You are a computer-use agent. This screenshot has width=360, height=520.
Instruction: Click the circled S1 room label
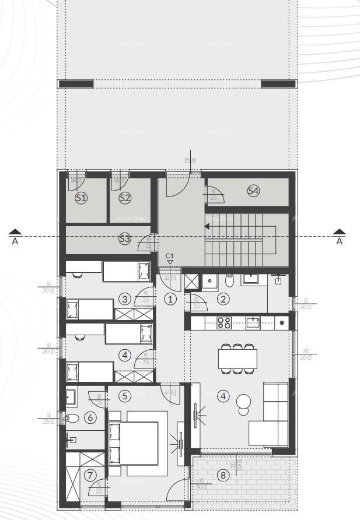81,198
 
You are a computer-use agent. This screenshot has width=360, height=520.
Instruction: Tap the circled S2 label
125,198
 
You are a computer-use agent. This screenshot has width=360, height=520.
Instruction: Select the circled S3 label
125,238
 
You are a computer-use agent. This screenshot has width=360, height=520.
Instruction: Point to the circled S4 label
253,191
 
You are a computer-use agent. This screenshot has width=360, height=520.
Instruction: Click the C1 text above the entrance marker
170,255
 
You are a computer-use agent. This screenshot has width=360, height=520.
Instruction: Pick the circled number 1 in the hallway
170,299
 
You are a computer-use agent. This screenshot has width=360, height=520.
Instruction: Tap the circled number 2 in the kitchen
223,299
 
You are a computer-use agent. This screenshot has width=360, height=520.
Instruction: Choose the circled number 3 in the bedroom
124,299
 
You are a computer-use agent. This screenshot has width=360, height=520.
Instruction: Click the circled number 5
124,396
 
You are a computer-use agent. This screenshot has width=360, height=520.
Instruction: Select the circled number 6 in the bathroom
90,417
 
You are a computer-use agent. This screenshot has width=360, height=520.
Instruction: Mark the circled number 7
90,475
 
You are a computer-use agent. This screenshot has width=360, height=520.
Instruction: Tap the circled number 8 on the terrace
223,475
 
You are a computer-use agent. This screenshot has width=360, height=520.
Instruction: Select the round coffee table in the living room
243,402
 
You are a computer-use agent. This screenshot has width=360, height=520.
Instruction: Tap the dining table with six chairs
237,359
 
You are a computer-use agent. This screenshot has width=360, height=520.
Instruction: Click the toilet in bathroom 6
72,418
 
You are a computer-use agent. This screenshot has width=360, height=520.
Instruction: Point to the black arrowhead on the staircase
208,227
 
